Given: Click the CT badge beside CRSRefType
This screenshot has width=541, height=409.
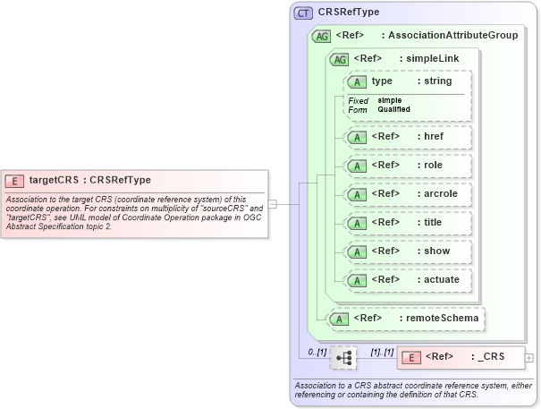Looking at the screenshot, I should pyautogui.click(x=303, y=13).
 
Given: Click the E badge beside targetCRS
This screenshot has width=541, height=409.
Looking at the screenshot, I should pyautogui.click(x=14, y=180).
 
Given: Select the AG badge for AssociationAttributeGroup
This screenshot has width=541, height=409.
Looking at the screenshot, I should pyautogui.click(x=321, y=37).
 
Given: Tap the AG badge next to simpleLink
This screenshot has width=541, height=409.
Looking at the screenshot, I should pyautogui.click(x=340, y=59).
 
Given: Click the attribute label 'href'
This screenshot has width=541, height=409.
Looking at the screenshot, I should pyautogui.click(x=435, y=137).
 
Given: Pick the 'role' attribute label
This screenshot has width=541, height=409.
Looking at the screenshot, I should pyautogui.click(x=434, y=166).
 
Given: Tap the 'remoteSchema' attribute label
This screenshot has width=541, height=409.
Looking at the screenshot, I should pyautogui.click(x=443, y=318).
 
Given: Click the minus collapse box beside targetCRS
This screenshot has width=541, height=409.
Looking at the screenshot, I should pyautogui.click(x=273, y=204).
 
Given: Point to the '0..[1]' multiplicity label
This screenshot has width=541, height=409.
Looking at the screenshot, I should pyautogui.click(x=317, y=352).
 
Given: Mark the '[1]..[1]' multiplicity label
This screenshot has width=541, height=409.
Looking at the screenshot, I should pyautogui.click(x=382, y=352).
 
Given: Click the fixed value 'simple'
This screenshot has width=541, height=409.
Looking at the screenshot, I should pyautogui.click(x=389, y=100).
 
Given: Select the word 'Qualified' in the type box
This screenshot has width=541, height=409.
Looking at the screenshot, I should pyautogui.click(x=393, y=109).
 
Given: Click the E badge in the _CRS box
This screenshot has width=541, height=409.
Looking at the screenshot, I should pyautogui.click(x=410, y=357).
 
